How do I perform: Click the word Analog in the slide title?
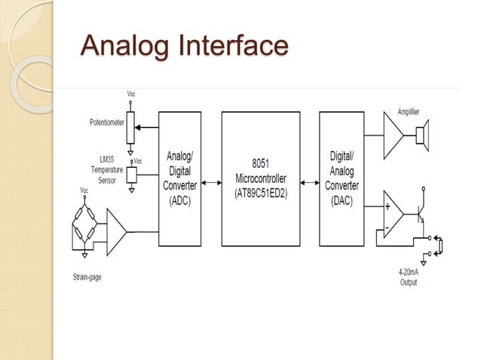pos(124,46)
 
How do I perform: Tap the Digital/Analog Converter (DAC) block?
pos(343,180)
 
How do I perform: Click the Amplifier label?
pos(409,111)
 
